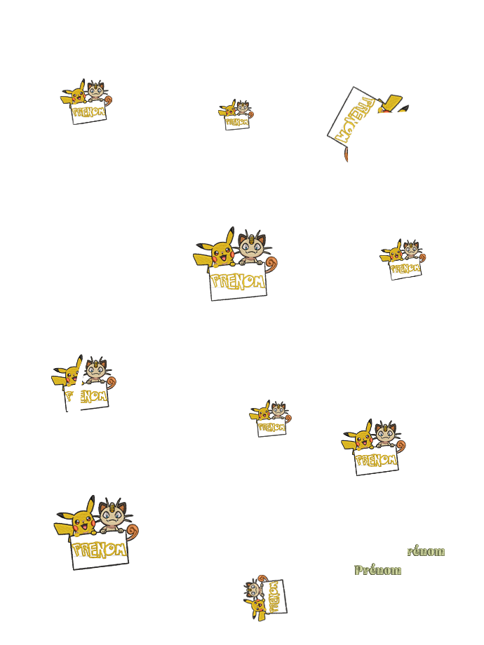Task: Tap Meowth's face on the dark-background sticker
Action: coord(250,248)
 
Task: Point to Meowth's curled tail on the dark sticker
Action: coord(270,264)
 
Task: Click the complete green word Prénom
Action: coord(378,570)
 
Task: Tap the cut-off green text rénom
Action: coord(426,551)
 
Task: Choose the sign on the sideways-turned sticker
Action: coord(275,596)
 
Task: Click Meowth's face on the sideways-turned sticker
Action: coord(254,590)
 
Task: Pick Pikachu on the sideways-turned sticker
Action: coord(256,608)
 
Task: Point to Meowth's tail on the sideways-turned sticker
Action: coord(262,579)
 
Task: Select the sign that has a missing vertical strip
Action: coord(87,398)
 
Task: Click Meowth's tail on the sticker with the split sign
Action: coord(110,381)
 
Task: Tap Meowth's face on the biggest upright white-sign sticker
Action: coord(110,517)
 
